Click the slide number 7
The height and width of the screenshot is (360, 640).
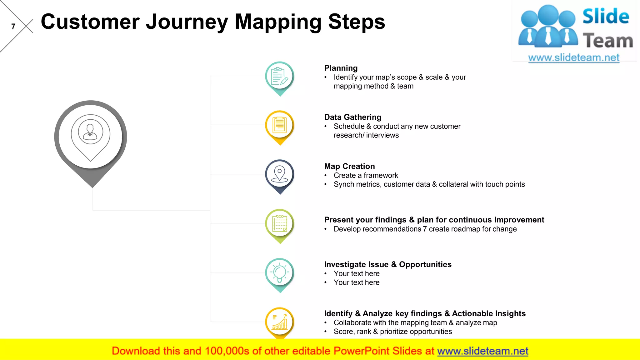point(13,27)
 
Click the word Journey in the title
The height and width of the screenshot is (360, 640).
point(187,22)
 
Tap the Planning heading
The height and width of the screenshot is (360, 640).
point(341,68)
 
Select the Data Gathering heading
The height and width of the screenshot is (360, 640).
point(352,117)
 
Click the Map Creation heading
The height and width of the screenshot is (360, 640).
point(349,166)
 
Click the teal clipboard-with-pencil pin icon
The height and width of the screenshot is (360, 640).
point(280,77)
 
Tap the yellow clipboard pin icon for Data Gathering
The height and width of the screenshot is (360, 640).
point(280,126)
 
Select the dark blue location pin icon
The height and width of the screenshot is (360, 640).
point(280,174)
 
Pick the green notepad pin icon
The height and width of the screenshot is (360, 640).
point(280,224)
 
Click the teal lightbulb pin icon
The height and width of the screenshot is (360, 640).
point(280,273)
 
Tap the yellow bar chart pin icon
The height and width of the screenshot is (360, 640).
point(280,322)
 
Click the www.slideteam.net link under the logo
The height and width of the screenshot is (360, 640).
point(574,58)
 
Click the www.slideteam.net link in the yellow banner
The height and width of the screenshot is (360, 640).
point(482,351)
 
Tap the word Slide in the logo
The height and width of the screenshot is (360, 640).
point(606,17)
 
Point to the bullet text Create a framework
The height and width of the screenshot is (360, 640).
point(366,175)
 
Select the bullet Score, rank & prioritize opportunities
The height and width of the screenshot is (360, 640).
point(392,332)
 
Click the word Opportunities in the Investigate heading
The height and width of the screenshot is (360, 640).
point(425,264)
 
